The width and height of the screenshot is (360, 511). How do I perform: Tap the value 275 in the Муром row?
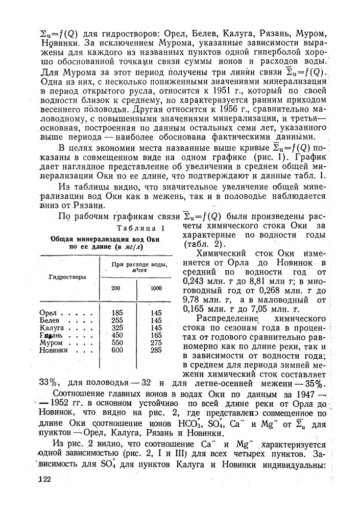[x=156, y=342]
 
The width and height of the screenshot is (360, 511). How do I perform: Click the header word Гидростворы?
[x=67, y=277]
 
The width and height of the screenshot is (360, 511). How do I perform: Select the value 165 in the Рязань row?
[x=156, y=335]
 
